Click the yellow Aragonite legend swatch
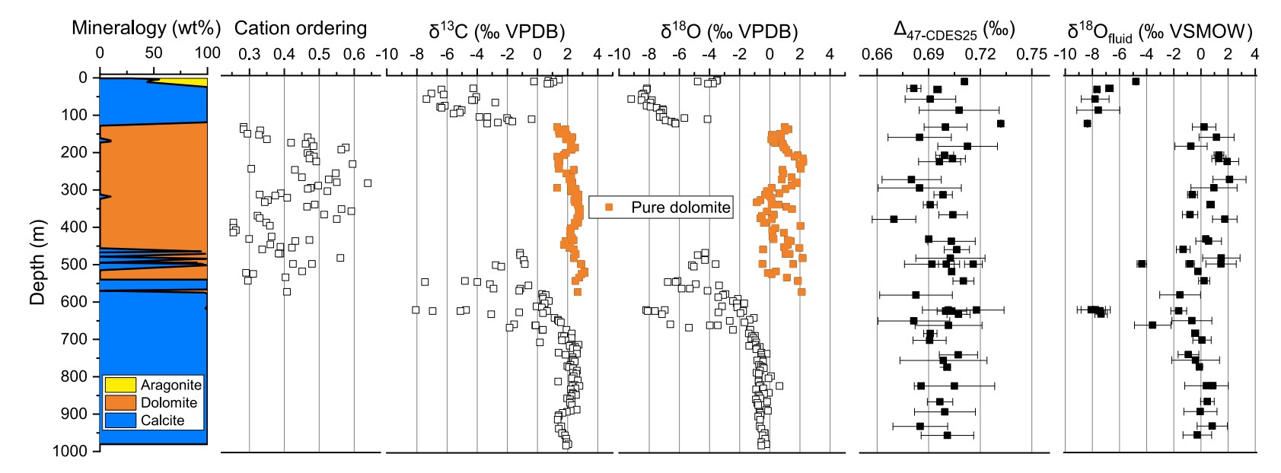120,385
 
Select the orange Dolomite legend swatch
120,402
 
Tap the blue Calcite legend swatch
120,420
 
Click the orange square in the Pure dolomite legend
609,207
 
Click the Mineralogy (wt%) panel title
146,28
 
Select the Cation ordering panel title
300,28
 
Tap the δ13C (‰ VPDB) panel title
497,30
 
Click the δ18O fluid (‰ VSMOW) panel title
1159,32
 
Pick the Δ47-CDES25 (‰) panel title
954,30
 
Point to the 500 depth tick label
75,264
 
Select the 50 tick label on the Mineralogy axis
154,54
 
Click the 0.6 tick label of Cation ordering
354,54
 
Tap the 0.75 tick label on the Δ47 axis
1031,54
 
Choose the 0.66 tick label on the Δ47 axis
877,54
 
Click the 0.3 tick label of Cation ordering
249,54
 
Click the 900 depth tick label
75,414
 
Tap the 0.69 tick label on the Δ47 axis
929,54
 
